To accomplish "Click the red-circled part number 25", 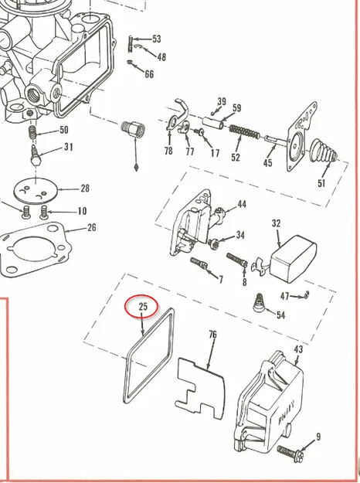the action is (x=143, y=307).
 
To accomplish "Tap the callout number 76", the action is (x=212, y=334).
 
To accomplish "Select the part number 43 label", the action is (x=298, y=349).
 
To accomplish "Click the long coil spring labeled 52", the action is (x=245, y=131).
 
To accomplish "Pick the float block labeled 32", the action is (x=293, y=259).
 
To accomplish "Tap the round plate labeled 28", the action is (x=36, y=191).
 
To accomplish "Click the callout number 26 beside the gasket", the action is (x=91, y=228).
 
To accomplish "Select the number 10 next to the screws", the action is (x=82, y=211).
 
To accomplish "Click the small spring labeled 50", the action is (x=33, y=132).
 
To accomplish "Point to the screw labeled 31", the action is (x=35, y=155).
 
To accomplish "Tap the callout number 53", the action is (x=157, y=39).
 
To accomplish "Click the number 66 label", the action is (x=149, y=74).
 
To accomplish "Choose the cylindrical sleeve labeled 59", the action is (x=213, y=122).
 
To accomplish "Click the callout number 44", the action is (x=242, y=204).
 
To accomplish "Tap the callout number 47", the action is (x=284, y=296).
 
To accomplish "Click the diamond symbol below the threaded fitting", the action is (x=136, y=167).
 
